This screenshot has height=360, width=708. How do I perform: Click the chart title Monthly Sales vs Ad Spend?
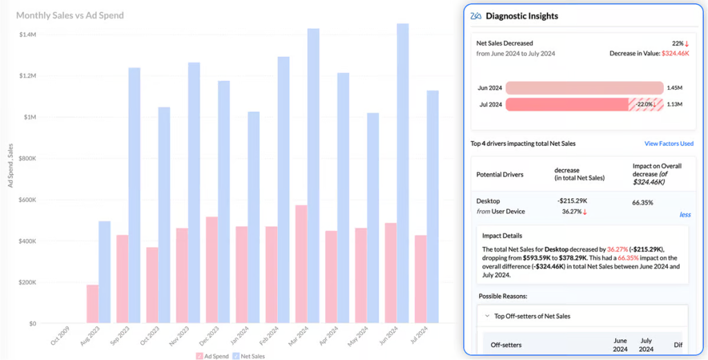[70, 15]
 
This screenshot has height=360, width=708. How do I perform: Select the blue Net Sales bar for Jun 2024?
[403, 173]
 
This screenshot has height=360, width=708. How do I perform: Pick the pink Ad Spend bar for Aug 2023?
[92, 303]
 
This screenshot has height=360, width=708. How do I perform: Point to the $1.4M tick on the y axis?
[27, 35]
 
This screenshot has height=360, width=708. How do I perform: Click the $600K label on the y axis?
[27, 200]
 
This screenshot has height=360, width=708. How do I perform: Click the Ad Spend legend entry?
[214, 356]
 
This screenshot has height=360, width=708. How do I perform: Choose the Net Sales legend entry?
[250, 356]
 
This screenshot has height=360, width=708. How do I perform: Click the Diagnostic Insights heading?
[521, 16]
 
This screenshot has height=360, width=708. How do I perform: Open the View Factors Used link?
[669, 144]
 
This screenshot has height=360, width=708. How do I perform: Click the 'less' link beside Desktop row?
[684, 215]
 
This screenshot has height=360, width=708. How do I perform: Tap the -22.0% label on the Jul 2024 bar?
[646, 104]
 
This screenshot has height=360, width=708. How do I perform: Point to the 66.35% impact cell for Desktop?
[643, 203]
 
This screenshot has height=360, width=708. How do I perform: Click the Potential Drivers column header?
[500, 175]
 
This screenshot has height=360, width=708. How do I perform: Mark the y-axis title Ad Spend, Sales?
[11, 165]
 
